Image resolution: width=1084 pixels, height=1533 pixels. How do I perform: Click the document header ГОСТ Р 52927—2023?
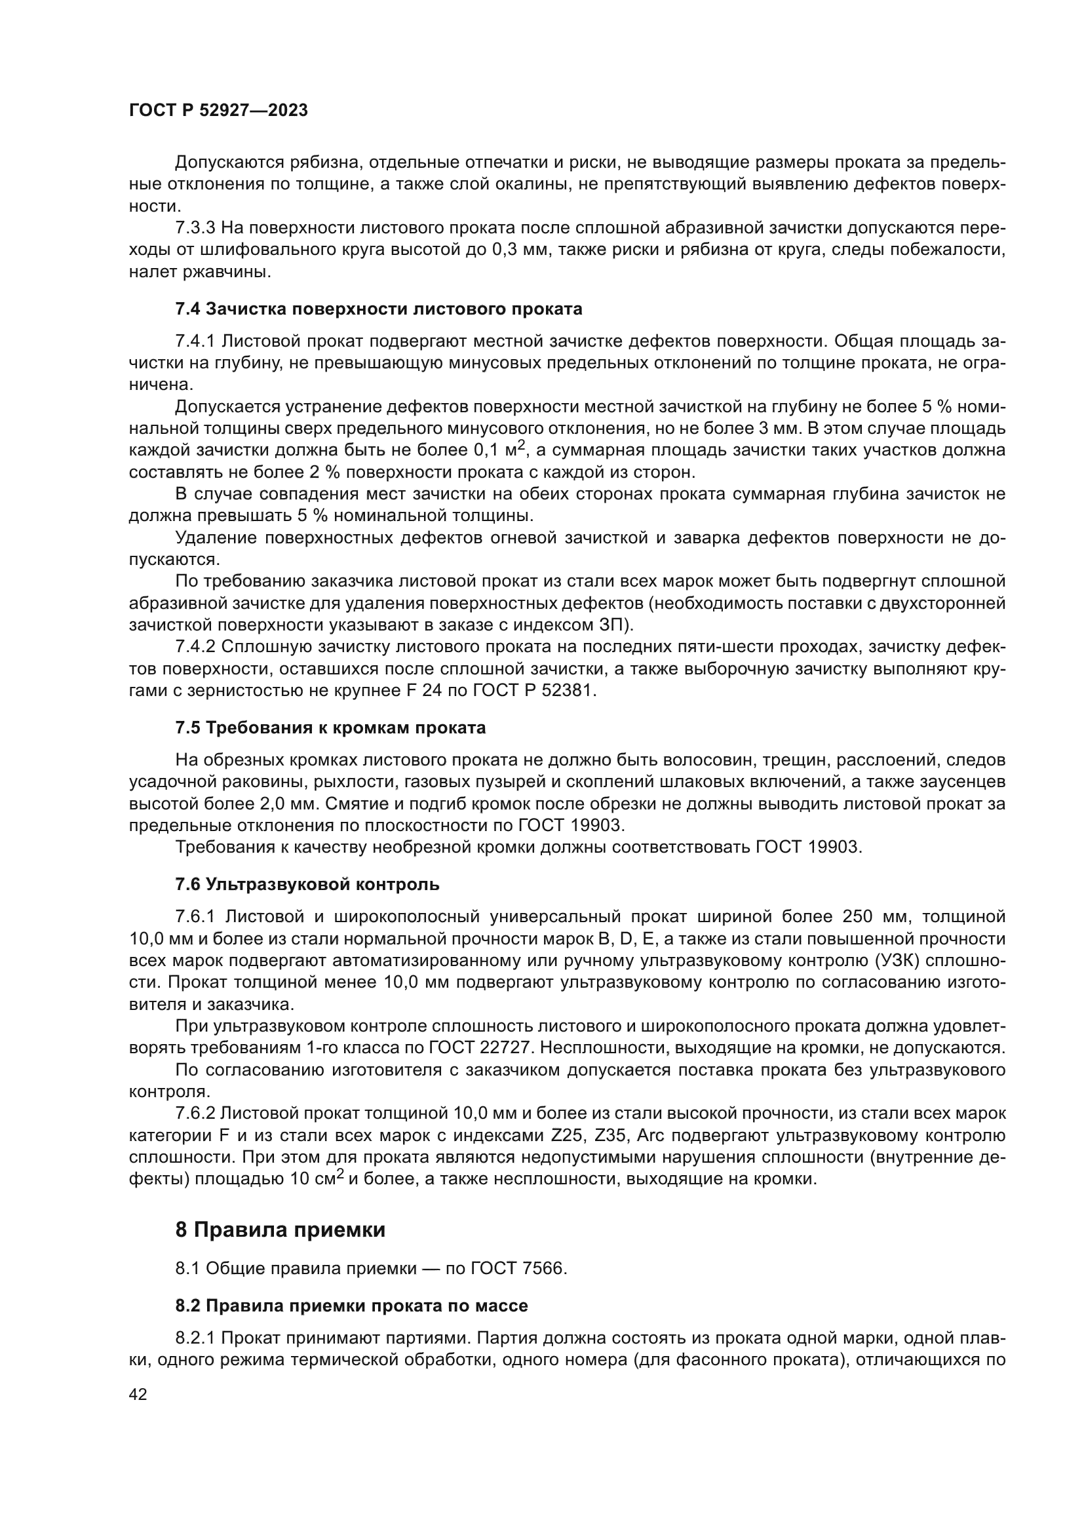point(218,110)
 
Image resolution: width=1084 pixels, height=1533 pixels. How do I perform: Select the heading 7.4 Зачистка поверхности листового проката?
point(378,309)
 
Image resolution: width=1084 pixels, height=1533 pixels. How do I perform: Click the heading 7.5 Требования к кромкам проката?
point(330,728)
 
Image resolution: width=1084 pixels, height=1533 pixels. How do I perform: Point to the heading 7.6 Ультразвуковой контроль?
point(307,885)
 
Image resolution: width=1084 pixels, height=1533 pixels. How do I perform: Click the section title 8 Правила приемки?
point(281,1230)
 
